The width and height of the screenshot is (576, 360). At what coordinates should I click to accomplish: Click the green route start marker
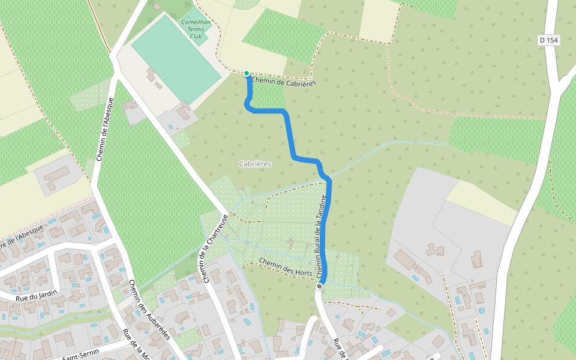(247, 73)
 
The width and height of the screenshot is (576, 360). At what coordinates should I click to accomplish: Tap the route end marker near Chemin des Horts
(319, 286)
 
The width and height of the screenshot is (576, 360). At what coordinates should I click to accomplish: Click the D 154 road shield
(548, 40)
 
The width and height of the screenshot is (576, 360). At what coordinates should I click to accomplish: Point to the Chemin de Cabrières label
(284, 82)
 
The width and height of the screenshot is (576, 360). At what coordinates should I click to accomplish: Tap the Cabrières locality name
(255, 164)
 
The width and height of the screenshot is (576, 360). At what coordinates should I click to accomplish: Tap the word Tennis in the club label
(196, 29)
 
